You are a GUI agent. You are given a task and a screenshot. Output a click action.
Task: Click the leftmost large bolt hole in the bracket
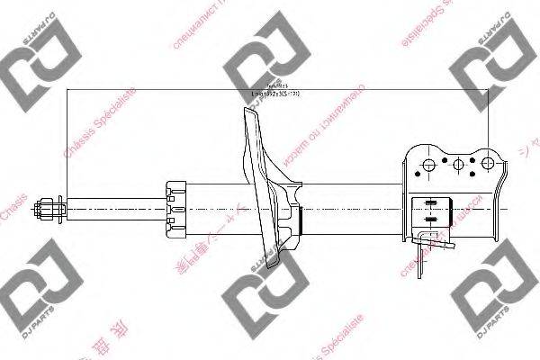429,165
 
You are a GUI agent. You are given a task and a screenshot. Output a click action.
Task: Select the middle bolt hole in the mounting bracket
459,165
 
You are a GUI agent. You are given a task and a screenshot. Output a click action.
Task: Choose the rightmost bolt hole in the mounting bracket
489,164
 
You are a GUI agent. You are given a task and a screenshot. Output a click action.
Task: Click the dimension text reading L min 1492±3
274,94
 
